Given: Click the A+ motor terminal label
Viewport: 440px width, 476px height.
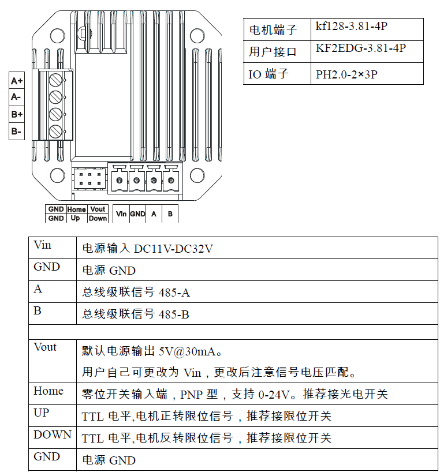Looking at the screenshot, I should click(17, 81).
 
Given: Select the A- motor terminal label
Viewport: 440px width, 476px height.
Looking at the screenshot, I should click(16, 98).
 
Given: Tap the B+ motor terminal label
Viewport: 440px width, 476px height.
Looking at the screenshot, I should click(17, 114).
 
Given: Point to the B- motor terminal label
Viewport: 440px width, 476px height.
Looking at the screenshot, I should click(16, 132).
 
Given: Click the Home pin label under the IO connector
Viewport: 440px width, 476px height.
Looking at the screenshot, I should click(76, 209).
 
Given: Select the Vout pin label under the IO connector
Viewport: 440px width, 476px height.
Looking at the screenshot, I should click(98, 209).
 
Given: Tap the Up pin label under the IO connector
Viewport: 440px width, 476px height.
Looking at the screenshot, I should click(76, 219).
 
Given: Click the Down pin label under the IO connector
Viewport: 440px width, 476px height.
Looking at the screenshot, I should click(98, 219).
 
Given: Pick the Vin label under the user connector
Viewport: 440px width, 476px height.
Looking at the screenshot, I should click(121, 214).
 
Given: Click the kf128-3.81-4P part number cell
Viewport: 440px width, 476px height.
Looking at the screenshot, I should click(344, 27).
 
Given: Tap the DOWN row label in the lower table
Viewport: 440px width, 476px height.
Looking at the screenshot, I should click(52, 435).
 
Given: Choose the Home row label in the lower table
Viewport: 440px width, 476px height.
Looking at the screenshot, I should click(49, 391).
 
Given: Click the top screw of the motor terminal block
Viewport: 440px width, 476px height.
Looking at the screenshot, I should click(56, 79).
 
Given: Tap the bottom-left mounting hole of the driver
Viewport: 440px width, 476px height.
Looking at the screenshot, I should click(58, 175).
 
